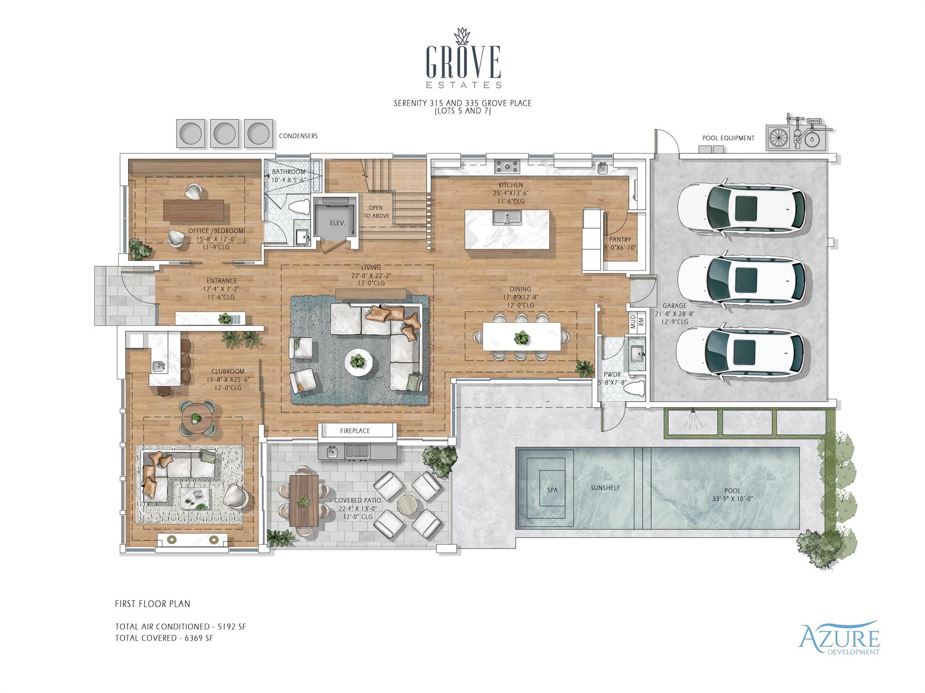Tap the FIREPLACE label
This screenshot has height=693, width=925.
[355, 431]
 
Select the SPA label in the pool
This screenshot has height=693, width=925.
[552, 490]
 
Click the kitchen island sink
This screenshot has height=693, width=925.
[507, 217]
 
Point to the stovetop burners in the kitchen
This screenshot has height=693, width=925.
[507, 166]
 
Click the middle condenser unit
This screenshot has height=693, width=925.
[224, 134]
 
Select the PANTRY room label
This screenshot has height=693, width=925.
[620, 240]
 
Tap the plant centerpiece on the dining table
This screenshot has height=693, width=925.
[522, 337]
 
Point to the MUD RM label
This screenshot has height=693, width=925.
[637, 322]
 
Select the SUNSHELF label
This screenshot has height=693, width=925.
[605, 488]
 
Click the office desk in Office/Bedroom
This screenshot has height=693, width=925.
[194, 210]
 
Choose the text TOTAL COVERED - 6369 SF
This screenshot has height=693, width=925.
[164, 638]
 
